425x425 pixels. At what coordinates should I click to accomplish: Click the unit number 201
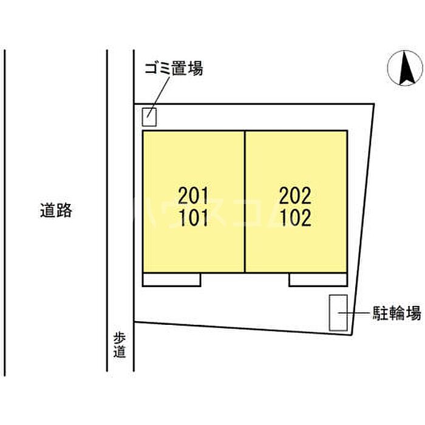(193, 195)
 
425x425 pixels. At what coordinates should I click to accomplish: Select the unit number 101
(193, 217)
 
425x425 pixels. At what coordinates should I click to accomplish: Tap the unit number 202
(295, 195)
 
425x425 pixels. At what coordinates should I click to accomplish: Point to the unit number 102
(295, 217)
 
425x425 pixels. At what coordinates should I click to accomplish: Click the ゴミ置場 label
(174, 68)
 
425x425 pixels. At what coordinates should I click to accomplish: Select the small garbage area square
(149, 117)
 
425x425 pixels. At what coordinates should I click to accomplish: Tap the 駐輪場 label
(396, 313)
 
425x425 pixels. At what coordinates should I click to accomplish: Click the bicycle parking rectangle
(338, 313)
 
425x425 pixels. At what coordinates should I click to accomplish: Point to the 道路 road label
(56, 210)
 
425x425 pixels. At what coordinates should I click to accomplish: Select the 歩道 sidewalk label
(120, 345)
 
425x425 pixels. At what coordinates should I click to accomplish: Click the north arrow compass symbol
(405, 68)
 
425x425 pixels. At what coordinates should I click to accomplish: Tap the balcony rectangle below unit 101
(172, 279)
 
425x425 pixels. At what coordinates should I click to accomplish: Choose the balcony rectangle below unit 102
(318, 279)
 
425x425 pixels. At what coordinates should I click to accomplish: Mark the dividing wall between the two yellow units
(245, 202)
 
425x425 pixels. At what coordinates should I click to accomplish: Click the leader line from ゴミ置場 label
(158, 97)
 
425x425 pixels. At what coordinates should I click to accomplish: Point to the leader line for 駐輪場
(354, 313)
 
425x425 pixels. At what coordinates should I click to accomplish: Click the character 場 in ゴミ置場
(195, 68)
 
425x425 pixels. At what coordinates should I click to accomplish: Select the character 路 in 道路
(64, 210)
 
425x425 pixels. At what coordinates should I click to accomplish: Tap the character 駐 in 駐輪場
(380, 313)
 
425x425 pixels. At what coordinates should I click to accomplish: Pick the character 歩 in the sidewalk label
(120, 339)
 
